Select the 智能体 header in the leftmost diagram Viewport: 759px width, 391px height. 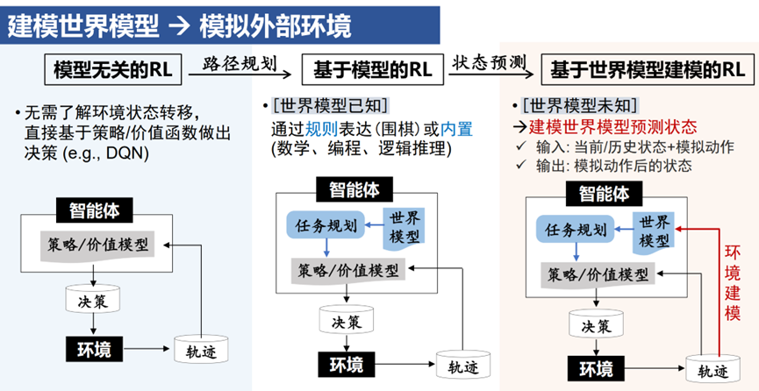point(94,210)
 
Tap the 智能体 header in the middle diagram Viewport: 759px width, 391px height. point(348,191)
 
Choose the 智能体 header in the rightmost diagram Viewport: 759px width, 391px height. point(603,193)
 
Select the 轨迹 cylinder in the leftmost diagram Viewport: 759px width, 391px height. point(201,351)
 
